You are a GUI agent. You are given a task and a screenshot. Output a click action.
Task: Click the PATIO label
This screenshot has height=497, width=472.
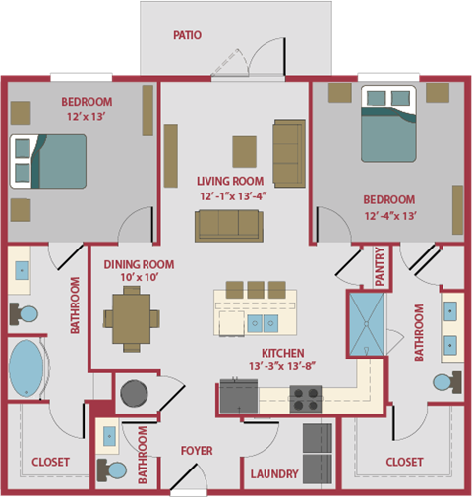coord(186,35)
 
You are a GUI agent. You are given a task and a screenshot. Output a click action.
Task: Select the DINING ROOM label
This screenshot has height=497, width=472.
coord(139,264)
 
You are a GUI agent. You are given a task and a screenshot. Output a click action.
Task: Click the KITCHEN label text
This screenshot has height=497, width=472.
coord(282,353)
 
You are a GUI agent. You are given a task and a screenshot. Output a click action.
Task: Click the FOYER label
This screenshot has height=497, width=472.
coord(197,451)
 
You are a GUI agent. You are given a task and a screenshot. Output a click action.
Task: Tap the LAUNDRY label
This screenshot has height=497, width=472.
coord(274,474)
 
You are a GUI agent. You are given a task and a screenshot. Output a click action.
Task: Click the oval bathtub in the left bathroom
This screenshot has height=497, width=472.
coord(29,369)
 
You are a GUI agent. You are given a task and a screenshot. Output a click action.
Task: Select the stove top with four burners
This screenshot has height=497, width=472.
coord(306,399)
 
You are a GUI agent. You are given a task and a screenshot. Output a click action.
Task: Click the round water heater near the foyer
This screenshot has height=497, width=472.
coord(133,396)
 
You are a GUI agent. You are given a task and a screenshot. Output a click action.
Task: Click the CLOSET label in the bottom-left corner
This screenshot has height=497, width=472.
coord(49,462)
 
